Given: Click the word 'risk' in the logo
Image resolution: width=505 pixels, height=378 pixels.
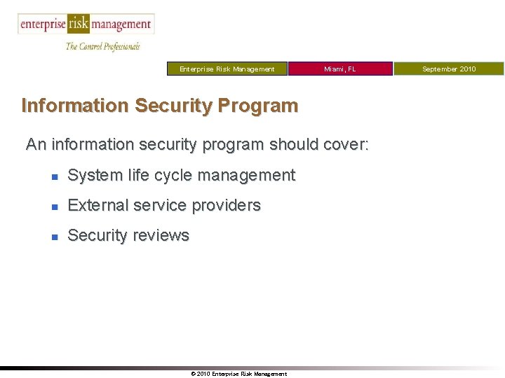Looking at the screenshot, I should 78,24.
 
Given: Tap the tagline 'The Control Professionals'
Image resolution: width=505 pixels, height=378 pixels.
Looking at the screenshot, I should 102,46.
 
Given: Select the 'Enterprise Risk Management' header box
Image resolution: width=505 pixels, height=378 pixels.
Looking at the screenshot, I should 227,69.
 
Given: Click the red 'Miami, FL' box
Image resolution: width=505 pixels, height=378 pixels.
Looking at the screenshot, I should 340,69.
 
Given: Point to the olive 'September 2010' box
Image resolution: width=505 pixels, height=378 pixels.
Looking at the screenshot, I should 449,69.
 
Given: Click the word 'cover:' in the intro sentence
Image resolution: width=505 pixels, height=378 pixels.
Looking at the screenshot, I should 344,145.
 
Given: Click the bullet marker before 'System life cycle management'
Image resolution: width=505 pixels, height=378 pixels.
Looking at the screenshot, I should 54,176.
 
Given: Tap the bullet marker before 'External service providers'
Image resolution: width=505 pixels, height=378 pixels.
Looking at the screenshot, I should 54,206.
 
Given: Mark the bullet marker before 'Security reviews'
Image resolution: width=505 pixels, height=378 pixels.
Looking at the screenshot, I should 54,237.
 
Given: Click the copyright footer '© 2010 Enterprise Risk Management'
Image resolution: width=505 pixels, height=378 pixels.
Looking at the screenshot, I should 238,374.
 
